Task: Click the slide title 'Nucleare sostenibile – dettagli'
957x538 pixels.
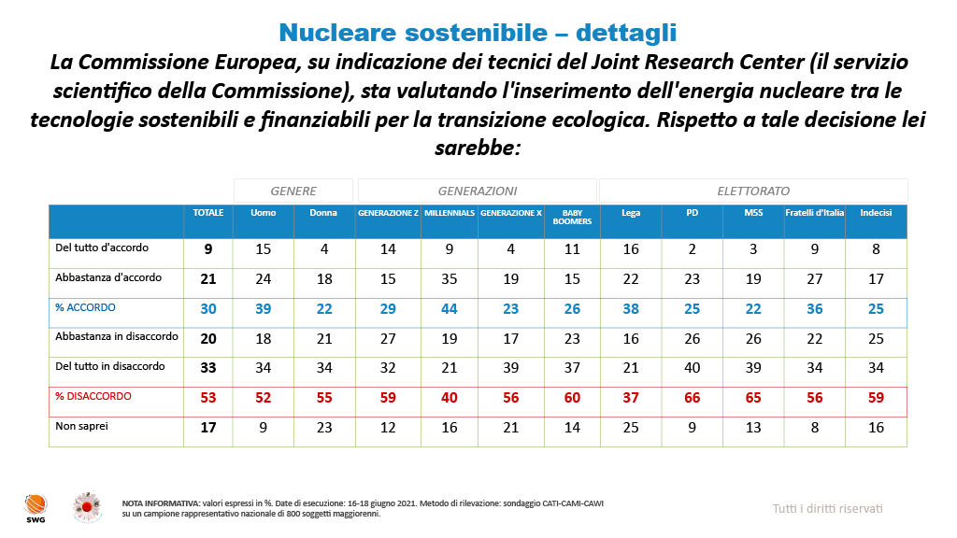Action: tap(478, 33)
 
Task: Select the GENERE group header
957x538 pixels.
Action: tap(293, 191)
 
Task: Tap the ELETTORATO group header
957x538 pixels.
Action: tap(753, 191)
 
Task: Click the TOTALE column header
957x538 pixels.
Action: tap(208, 213)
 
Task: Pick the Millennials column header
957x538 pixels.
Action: tap(449, 213)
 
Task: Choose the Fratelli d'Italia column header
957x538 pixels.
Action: tap(814, 213)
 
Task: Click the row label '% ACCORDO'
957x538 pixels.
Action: tap(85, 307)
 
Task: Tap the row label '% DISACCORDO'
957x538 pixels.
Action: tap(93, 396)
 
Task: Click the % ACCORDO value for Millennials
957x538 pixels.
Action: tap(449, 309)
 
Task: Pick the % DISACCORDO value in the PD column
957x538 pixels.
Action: tap(693, 399)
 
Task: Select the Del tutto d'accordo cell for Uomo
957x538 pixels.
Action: tap(264, 249)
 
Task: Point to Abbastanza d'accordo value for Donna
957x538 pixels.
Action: tap(324, 279)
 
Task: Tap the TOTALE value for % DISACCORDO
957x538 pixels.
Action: tap(208, 399)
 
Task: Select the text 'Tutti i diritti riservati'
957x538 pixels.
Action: tap(827, 509)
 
